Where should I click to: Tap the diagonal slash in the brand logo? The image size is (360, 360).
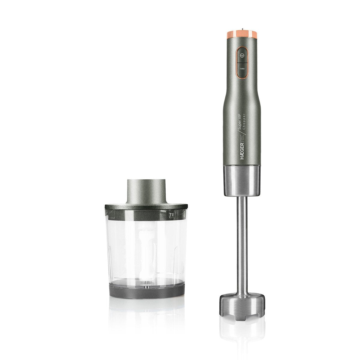point(241,132)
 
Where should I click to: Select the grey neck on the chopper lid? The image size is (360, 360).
point(146,191)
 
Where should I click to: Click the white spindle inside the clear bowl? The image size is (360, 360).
point(146,249)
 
